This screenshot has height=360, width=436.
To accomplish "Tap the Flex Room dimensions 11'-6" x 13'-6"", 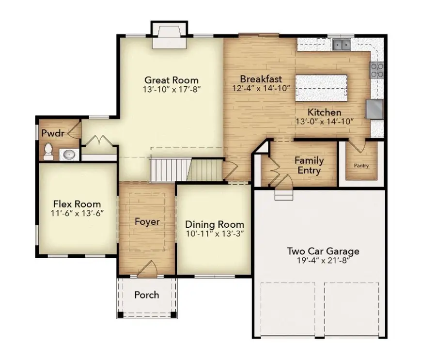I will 77,213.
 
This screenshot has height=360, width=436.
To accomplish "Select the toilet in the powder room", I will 48,152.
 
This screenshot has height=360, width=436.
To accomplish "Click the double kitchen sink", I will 342,45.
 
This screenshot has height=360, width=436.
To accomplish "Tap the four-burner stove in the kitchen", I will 377,70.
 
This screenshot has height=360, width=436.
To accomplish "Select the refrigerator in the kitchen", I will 374,109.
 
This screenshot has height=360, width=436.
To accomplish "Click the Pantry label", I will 361,166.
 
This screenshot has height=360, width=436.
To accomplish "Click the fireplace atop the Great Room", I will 169,36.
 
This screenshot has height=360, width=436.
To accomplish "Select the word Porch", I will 147,295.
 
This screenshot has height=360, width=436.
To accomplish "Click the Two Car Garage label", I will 323,251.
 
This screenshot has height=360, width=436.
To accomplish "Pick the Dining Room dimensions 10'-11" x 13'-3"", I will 215,234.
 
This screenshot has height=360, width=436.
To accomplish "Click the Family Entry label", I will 309,165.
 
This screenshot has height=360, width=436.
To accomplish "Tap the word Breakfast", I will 261,79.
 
